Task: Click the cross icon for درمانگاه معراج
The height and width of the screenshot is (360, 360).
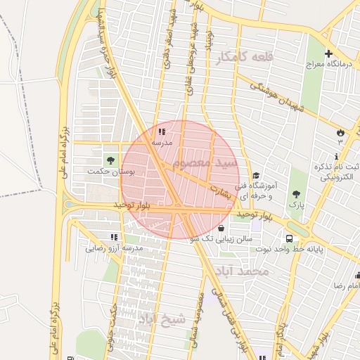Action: click(328, 54)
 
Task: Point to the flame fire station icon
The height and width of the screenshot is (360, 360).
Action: click(340, 131)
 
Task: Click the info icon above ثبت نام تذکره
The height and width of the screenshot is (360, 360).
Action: click(338, 156)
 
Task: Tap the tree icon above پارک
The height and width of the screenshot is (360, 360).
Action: click(297, 193)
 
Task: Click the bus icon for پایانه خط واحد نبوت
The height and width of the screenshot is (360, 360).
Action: click(289, 238)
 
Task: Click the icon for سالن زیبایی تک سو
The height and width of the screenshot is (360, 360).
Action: click(222, 228)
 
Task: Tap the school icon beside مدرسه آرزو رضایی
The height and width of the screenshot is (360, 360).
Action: click(115, 237)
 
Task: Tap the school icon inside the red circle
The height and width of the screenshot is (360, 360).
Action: click(162, 131)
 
